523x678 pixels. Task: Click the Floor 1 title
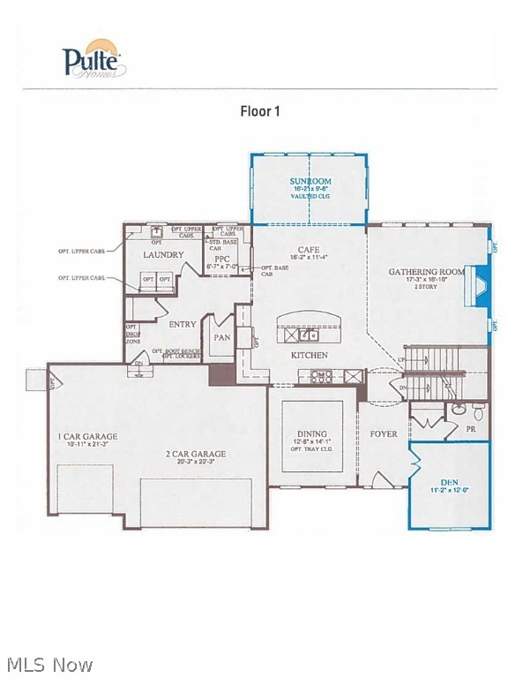tap(260, 111)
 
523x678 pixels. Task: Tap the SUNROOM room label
tap(309, 182)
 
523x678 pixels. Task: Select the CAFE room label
tap(309, 250)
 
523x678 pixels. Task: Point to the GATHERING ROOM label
tap(426, 271)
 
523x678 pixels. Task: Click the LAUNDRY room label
tap(163, 255)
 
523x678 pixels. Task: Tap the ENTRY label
tap(182, 324)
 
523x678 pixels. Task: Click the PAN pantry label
tap(221, 336)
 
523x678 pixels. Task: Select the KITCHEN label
tap(310, 355)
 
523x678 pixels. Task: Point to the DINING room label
tap(312, 434)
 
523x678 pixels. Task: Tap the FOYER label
tap(383, 434)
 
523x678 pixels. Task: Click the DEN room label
tap(450, 482)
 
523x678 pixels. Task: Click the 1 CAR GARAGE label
tap(87, 436)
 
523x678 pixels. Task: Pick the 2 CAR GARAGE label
tap(196, 454)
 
